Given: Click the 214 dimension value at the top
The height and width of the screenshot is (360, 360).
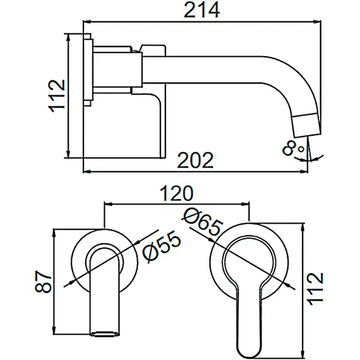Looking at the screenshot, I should (x=201, y=11).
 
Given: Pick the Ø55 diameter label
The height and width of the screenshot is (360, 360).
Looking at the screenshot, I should (x=162, y=246).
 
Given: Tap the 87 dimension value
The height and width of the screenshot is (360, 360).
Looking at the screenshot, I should (x=42, y=280).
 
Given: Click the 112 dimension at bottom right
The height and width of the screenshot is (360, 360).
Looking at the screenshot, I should (x=316, y=288).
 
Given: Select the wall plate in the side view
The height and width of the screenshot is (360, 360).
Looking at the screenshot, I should (x=88, y=69).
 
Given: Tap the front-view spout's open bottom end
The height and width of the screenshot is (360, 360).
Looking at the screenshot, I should (x=105, y=332).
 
